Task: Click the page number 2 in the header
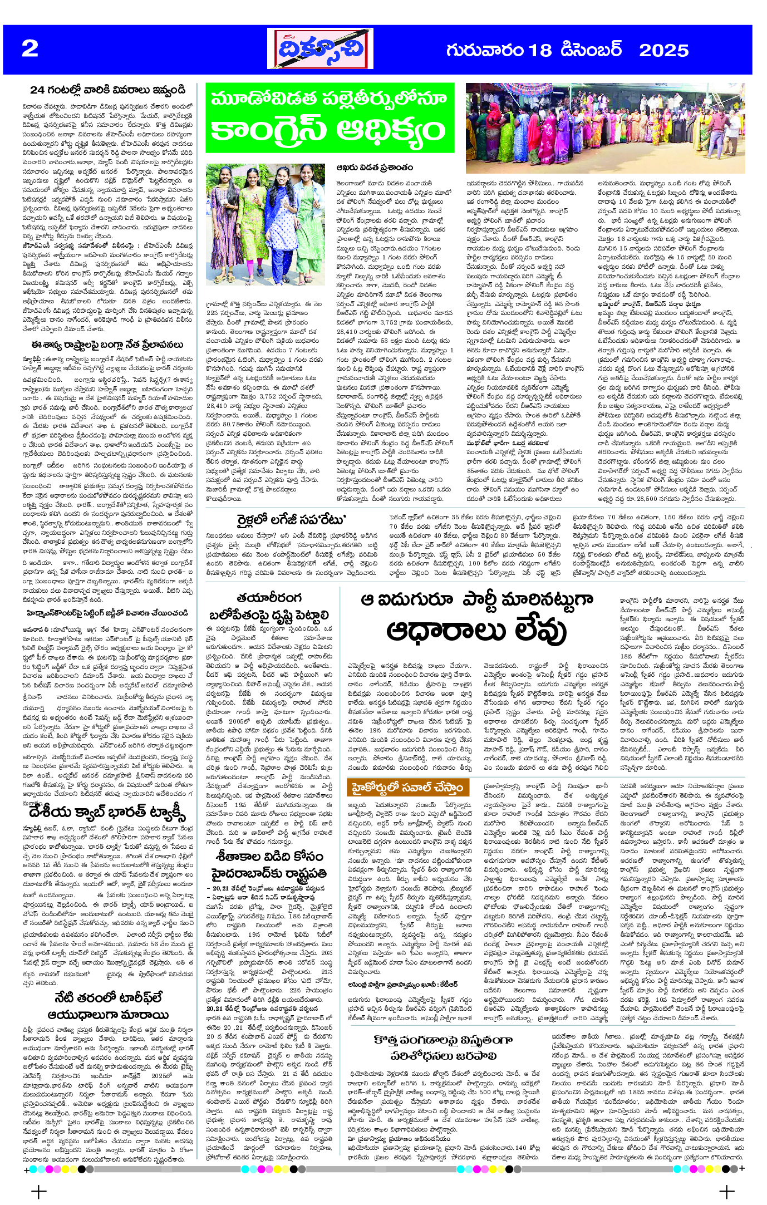coord(30,49)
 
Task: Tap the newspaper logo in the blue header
coord(319,49)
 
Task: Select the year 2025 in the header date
coord(663,51)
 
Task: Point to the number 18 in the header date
coord(539,51)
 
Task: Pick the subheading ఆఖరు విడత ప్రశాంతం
coord(374,167)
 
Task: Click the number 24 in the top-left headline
coord(37,90)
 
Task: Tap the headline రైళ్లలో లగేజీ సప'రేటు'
coord(292,520)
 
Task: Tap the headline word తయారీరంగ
coord(269,597)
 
